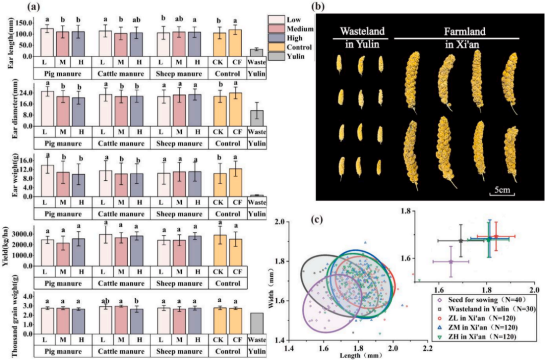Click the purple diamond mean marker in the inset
point(451,261)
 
